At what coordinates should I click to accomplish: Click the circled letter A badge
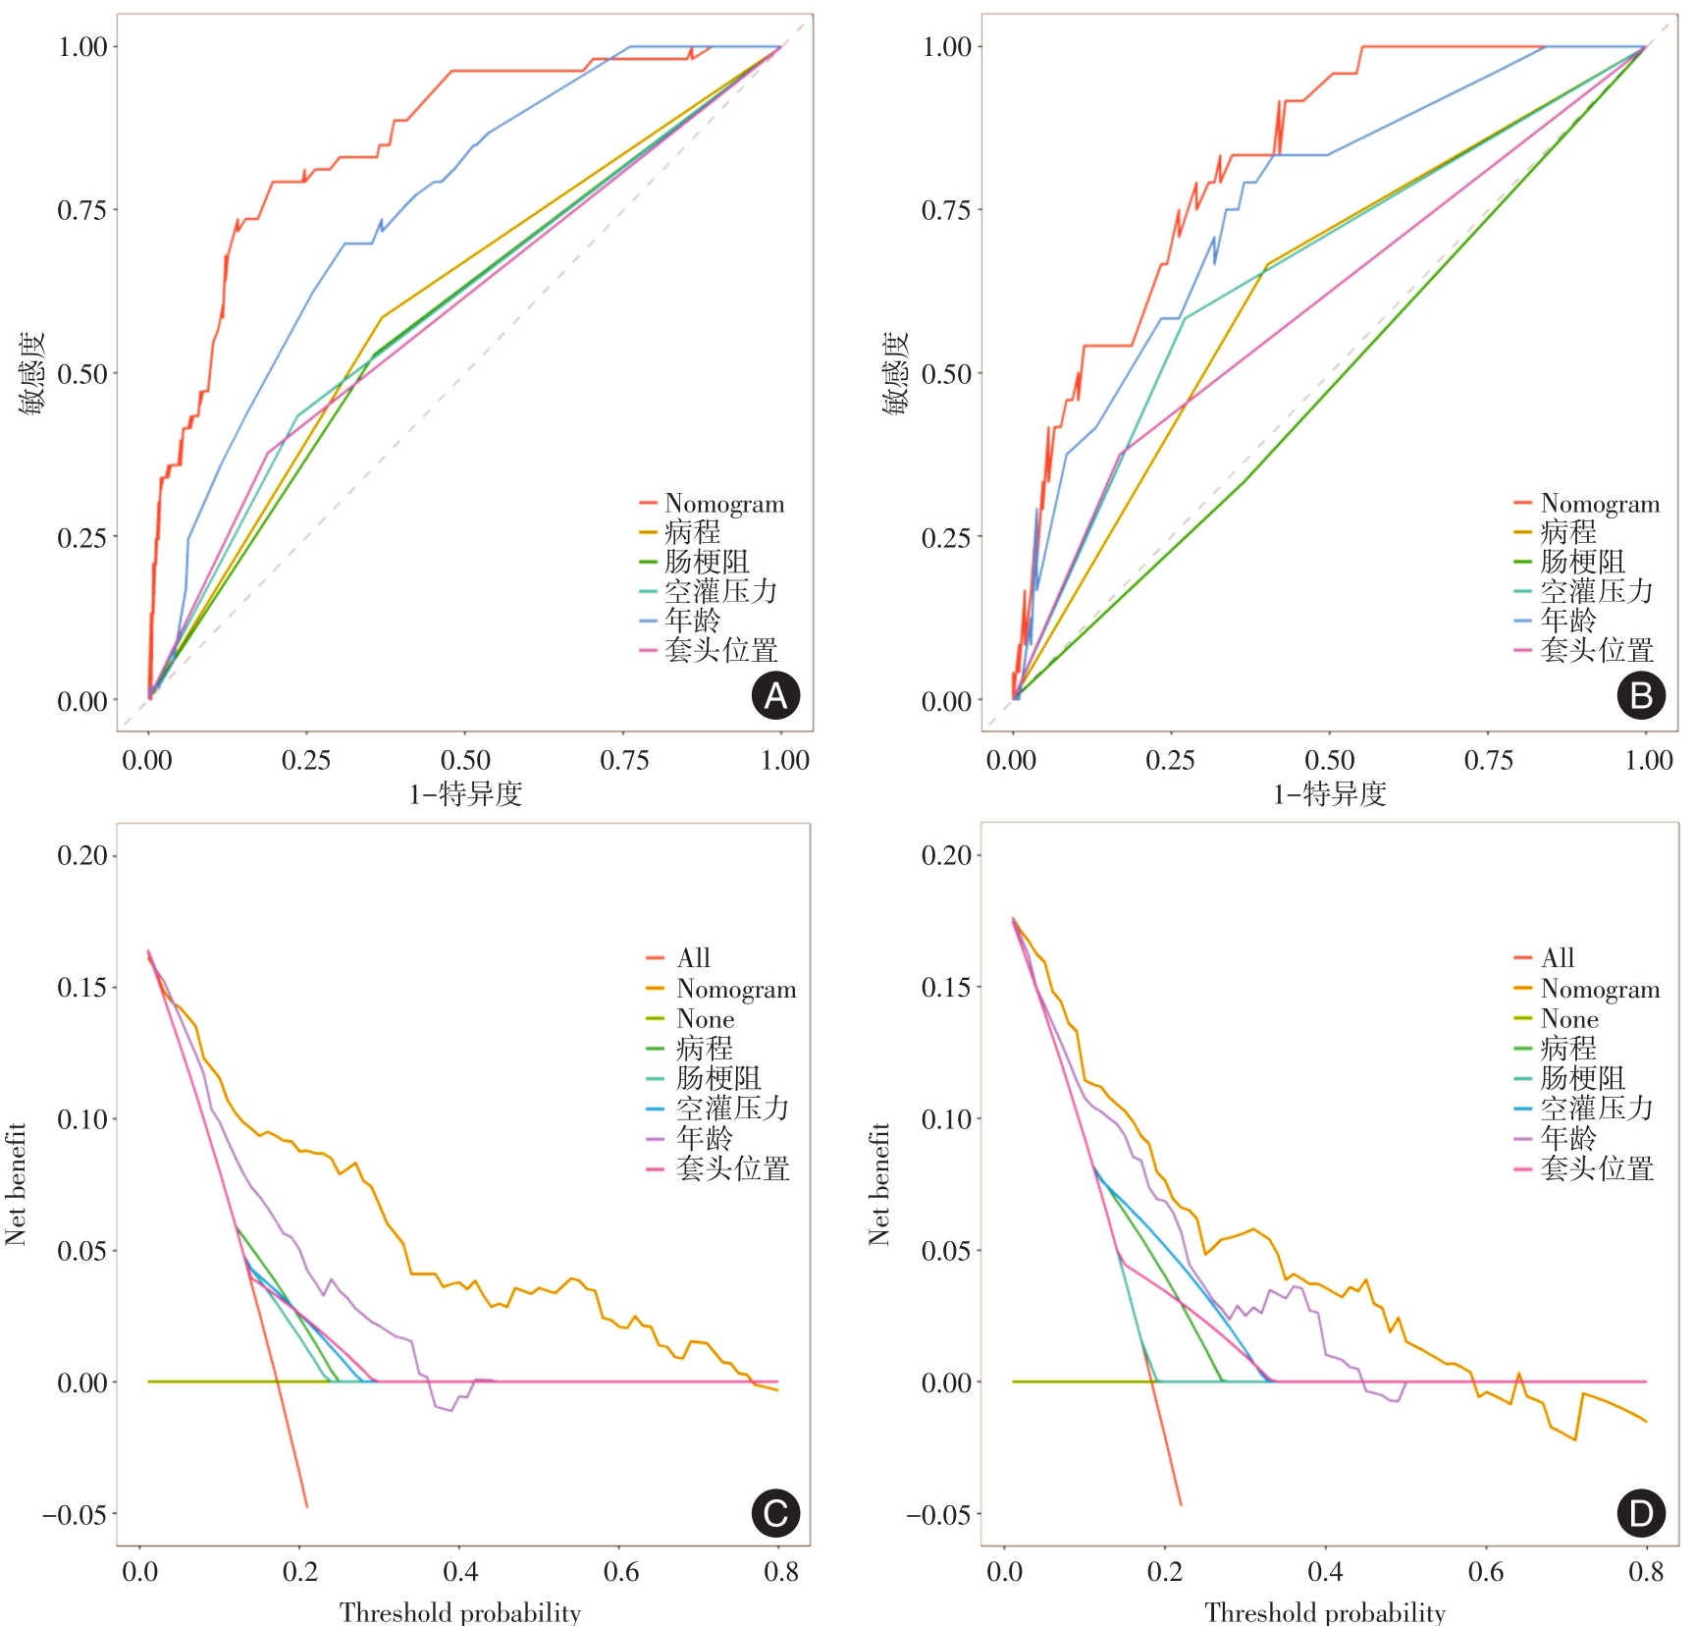[775, 695]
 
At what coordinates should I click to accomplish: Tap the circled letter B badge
[1641, 695]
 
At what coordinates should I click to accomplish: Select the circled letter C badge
[775, 1513]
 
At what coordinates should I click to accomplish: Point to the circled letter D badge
[1641, 1513]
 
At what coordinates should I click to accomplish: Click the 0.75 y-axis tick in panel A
[82, 210]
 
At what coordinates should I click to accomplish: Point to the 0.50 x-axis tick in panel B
[1329, 761]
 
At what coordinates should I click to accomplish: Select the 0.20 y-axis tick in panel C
[82, 855]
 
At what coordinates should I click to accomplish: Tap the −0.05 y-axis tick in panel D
[939, 1514]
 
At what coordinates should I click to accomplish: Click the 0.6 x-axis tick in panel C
[621, 1572]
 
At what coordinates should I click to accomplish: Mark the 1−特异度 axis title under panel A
[465, 794]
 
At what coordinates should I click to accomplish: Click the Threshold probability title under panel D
[1325, 1612]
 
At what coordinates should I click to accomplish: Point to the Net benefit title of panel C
[16, 1184]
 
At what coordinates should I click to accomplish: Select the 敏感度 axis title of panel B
[895, 373]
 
